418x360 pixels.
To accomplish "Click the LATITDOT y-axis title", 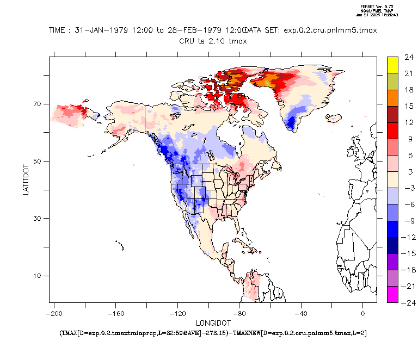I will coord(26,179).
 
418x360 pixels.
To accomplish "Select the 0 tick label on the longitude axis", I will coord(363,313).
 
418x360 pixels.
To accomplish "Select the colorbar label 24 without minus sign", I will coord(409,57).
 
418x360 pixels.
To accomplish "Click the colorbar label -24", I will coord(408,303).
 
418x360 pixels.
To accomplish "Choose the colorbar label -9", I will coord(408,221).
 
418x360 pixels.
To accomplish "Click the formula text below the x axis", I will coord(213,332).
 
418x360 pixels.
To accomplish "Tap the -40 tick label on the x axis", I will coord(301,313).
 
